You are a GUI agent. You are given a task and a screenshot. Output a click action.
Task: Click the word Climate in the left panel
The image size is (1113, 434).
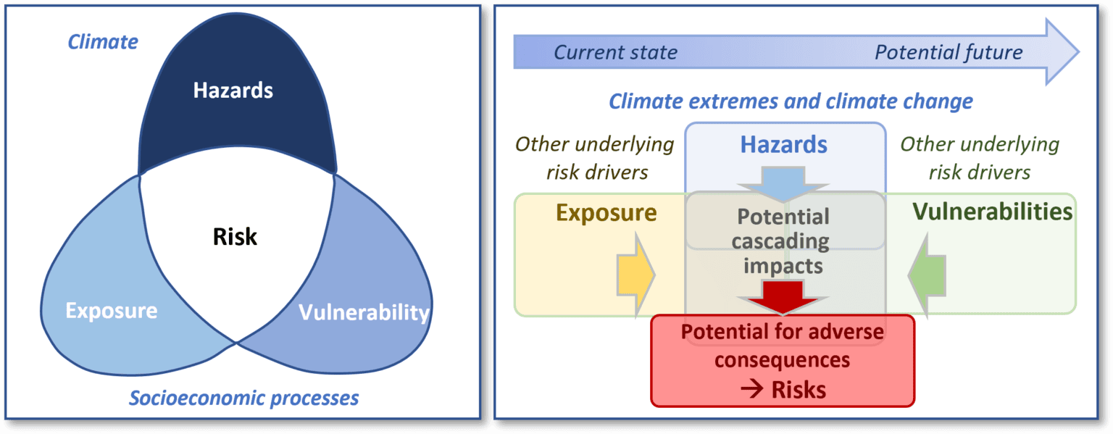coord(103,42)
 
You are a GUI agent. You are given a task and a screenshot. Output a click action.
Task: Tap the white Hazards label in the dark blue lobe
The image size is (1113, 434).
coord(233,91)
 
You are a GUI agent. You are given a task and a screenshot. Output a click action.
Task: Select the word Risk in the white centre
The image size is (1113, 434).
coord(235,236)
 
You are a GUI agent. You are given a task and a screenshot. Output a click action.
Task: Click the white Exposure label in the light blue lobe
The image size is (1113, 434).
coord(111,311)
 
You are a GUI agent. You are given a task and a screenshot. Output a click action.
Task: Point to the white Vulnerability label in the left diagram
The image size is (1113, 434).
coord(364,312)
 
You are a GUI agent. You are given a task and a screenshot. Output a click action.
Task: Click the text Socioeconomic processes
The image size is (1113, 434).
coord(243,398)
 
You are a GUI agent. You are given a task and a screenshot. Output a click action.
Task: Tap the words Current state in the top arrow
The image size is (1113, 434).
coord(615,52)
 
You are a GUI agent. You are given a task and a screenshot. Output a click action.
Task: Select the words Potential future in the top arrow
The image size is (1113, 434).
coord(949,52)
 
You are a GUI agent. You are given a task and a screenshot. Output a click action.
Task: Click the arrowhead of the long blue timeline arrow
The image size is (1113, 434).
coord(1062,51)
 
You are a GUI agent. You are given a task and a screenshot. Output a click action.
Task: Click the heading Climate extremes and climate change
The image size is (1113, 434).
coord(791,101)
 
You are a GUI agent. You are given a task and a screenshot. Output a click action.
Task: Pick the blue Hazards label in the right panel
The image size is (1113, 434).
coord(783,144)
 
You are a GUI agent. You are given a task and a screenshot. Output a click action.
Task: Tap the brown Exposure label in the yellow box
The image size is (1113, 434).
coord(606,212)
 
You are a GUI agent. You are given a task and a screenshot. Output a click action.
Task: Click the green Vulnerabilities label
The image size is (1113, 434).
coord(992,212)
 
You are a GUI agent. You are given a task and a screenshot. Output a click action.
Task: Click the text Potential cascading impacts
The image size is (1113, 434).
coord(783,241)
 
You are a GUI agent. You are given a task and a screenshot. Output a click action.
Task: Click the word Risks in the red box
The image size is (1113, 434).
coord(799,390)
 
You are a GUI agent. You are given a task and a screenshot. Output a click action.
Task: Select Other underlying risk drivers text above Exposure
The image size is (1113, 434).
coord(594,158)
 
